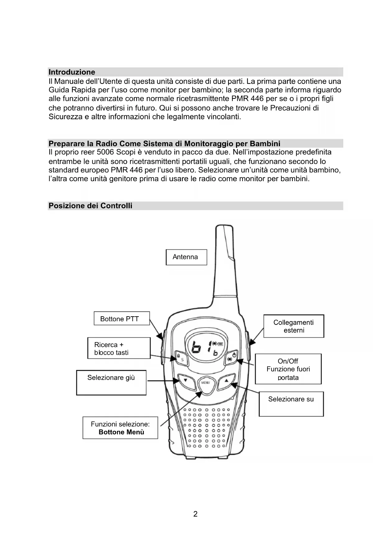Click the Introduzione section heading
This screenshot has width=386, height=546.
click(72, 72)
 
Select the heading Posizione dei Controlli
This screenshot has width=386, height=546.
click(91, 206)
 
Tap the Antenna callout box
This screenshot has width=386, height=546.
click(186, 257)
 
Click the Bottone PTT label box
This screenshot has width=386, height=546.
click(122, 318)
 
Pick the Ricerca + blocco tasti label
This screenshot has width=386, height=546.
click(119, 348)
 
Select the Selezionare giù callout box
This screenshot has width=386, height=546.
click(111, 383)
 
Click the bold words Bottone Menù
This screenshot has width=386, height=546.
click(121, 432)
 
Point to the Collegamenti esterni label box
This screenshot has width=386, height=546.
click(294, 326)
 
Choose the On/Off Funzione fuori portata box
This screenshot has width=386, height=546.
click(288, 369)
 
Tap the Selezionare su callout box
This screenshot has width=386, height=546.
click(291, 404)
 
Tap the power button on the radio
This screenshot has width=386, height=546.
click(232, 358)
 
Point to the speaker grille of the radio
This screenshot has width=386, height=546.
click(206, 427)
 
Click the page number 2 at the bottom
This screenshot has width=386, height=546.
click(195, 514)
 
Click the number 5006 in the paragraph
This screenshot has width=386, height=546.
click(105, 152)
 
